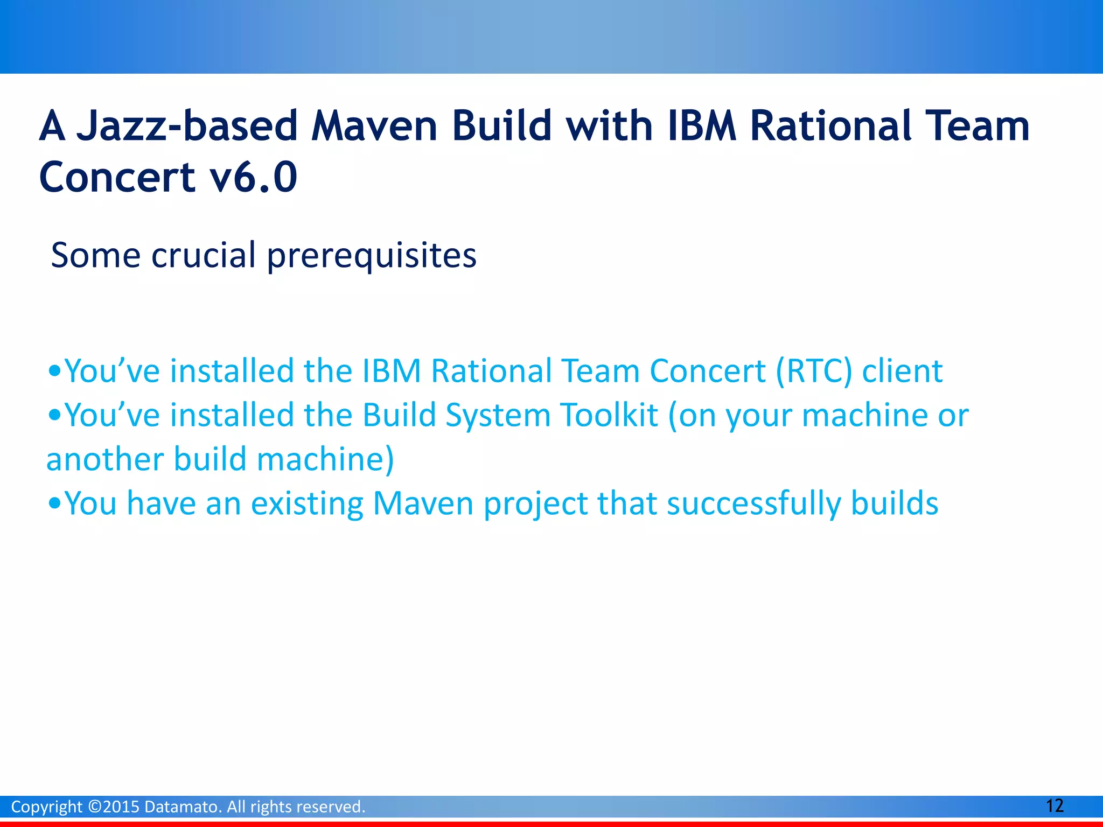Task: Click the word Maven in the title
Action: tap(374, 127)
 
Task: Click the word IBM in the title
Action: tap(701, 127)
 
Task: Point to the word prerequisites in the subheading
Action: tap(372, 256)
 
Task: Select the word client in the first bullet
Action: tap(902, 372)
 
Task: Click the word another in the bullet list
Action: tap(104, 460)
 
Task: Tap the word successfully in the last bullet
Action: tap(753, 504)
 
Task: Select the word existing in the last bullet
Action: tap(307, 504)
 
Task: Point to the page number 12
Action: tap(1054, 806)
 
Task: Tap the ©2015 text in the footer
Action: tap(113, 807)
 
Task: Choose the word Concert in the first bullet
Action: tap(707, 372)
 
